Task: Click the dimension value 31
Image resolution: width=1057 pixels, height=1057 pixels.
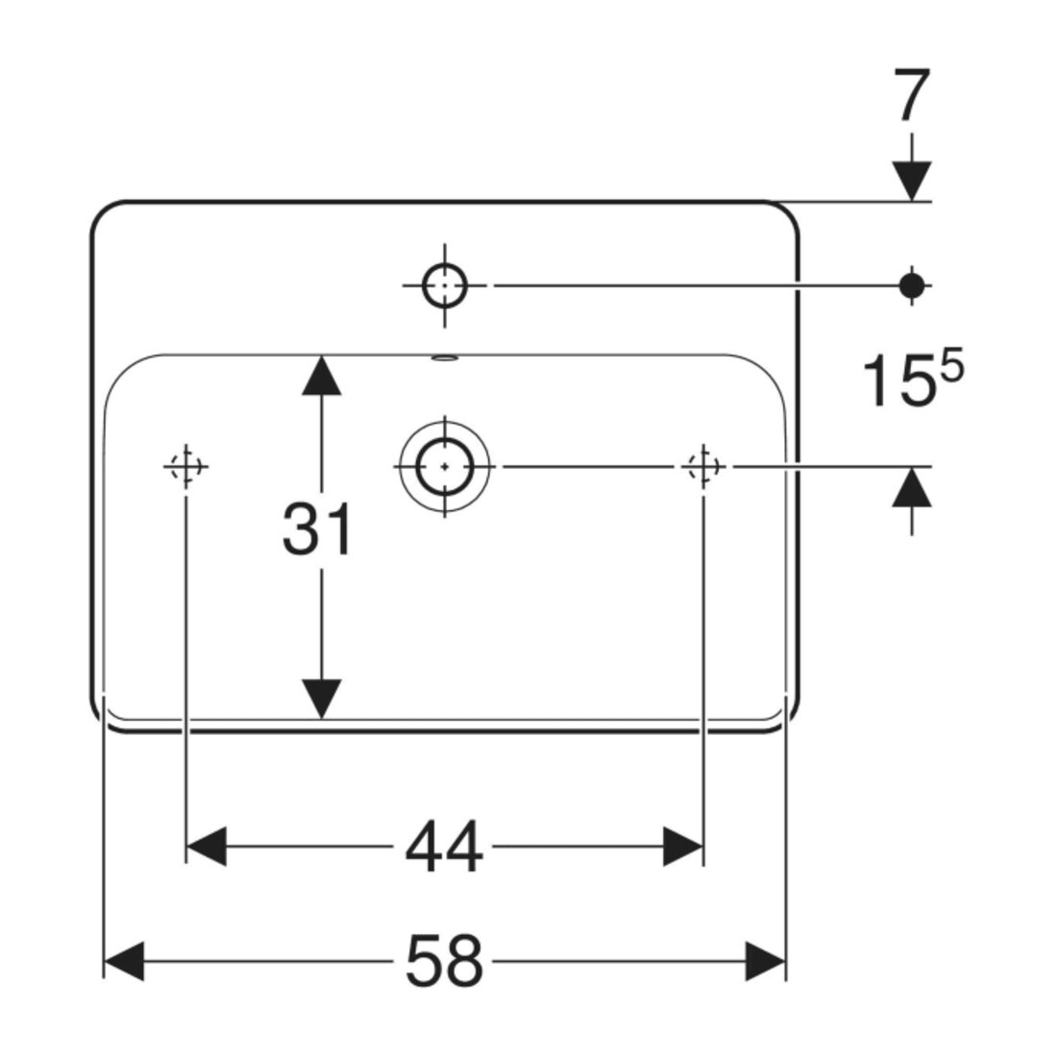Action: pos(317,529)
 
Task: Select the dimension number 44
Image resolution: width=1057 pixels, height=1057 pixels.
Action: pos(444,846)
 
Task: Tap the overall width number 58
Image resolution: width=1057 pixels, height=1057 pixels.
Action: pos(444,960)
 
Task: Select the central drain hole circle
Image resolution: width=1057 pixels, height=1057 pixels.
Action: pos(445,466)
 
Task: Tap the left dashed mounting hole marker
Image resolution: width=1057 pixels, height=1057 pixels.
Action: pos(186,466)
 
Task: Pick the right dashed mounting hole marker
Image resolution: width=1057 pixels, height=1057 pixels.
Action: pos(703,466)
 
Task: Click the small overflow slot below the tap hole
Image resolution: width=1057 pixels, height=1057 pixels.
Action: pos(445,358)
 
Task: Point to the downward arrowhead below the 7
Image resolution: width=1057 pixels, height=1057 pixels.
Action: pos(912,181)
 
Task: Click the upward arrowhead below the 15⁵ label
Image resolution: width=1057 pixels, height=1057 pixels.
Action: pos(912,486)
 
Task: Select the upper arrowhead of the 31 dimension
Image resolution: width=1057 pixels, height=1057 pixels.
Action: pos(321,375)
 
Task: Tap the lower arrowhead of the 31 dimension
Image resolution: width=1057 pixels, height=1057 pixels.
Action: pos(321,699)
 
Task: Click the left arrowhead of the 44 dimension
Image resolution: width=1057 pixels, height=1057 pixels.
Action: pos(206,846)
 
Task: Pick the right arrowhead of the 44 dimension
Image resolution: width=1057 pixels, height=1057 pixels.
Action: pos(683,846)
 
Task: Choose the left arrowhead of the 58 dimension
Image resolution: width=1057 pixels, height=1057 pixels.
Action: pos(124,961)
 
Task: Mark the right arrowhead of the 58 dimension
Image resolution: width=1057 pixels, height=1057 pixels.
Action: pos(766,961)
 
